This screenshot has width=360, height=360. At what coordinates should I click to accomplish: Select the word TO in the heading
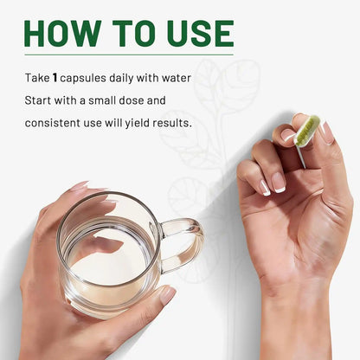point(134,33)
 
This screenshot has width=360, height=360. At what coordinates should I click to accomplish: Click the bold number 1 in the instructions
point(55,78)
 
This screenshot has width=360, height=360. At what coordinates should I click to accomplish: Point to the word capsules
point(83,79)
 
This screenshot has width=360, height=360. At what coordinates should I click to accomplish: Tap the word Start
point(38,100)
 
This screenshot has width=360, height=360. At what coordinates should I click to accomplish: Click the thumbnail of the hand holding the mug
point(167,295)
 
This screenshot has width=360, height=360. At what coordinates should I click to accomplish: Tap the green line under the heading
point(129,55)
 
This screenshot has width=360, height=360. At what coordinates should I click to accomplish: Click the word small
point(102,100)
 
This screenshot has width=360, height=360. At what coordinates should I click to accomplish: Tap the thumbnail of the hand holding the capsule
point(327,132)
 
